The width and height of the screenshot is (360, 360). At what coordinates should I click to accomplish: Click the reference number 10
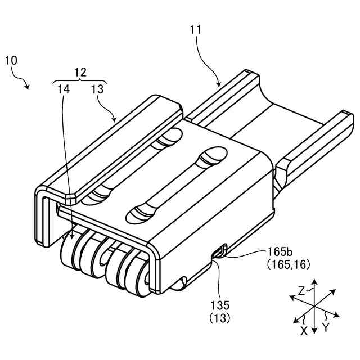pyautogui.click(x=11, y=60)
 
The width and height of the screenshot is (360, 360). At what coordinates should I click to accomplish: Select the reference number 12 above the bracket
pyautogui.click(x=80, y=71)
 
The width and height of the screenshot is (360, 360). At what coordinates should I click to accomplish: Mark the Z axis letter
pyautogui.click(x=302, y=291)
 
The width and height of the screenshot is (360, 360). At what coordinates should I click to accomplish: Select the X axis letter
pyautogui.click(x=304, y=331)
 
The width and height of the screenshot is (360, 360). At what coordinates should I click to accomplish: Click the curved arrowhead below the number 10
pyautogui.click(x=28, y=87)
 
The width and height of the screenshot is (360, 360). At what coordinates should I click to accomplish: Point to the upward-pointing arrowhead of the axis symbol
pyautogui.click(x=315, y=282)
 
